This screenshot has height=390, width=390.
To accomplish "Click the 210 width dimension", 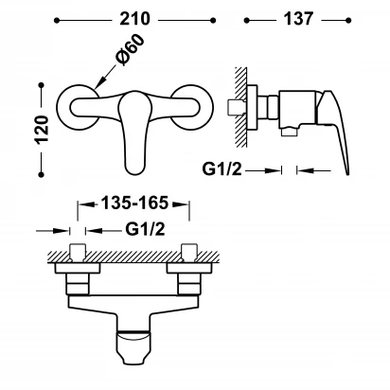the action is [134, 19].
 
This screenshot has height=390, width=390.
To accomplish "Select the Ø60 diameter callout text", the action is [130, 50].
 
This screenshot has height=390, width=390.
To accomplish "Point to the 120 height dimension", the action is [43, 130].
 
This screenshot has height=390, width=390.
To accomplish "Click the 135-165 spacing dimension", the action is [134, 203].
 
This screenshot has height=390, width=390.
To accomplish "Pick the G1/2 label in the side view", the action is [222, 169].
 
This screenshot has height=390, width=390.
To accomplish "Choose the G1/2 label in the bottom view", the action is [145, 229].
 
